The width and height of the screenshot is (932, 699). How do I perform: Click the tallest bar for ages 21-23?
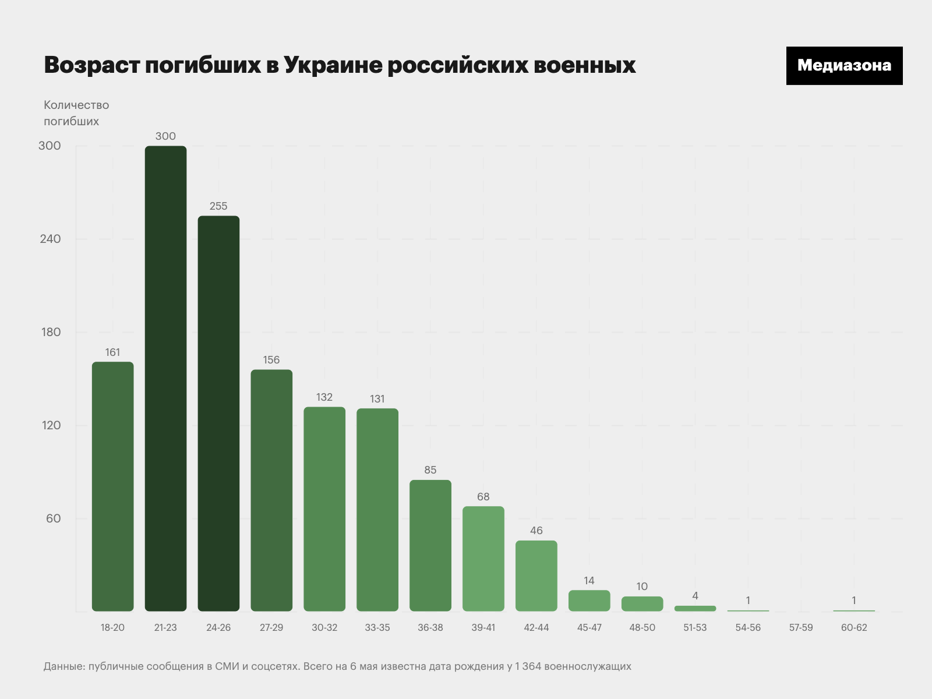(165, 379)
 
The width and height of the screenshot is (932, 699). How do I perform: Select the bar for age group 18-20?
(112, 486)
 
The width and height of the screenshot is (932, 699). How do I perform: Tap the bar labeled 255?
(218, 414)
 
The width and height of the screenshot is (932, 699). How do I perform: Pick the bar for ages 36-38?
(430, 545)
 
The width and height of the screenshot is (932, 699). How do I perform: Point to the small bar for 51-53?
(695, 608)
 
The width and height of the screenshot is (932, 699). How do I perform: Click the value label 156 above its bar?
(271, 360)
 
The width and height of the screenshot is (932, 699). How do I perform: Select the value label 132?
(324, 397)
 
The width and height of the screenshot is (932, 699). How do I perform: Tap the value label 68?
(483, 497)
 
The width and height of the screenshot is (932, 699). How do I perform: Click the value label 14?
(589, 581)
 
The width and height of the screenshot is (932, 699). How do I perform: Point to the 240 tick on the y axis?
(50, 239)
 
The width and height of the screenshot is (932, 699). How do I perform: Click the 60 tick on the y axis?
(53, 518)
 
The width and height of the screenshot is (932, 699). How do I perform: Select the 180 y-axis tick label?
(51, 332)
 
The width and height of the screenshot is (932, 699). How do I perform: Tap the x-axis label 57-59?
(801, 627)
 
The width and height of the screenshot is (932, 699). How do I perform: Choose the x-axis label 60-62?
(854, 627)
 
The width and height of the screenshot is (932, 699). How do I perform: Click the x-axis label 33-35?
(377, 627)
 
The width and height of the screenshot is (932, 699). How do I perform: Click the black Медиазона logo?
(844, 66)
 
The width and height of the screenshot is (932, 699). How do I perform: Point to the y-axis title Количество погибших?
(76, 113)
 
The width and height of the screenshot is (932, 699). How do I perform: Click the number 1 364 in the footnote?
(528, 666)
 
